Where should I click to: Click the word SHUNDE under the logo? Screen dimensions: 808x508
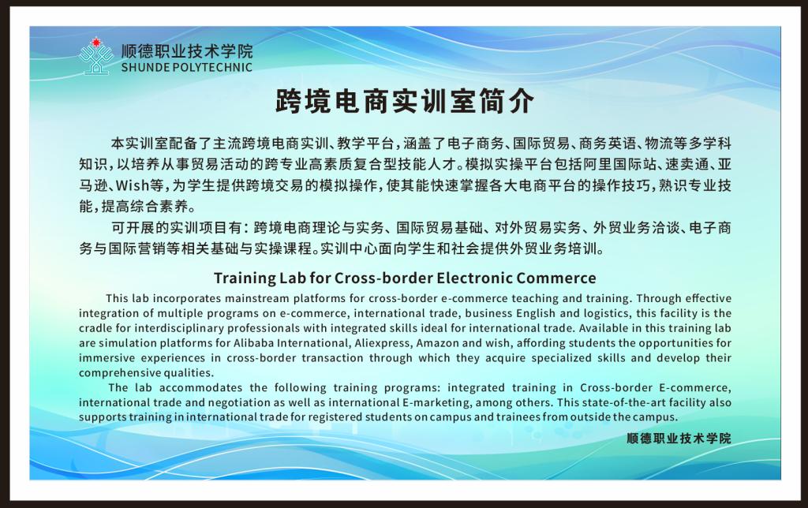(x=145, y=67)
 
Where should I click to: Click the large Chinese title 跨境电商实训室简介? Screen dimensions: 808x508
(x=405, y=100)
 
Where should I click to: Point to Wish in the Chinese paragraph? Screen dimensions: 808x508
(x=133, y=185)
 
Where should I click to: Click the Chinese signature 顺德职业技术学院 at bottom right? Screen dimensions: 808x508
(x=679, y=439)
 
